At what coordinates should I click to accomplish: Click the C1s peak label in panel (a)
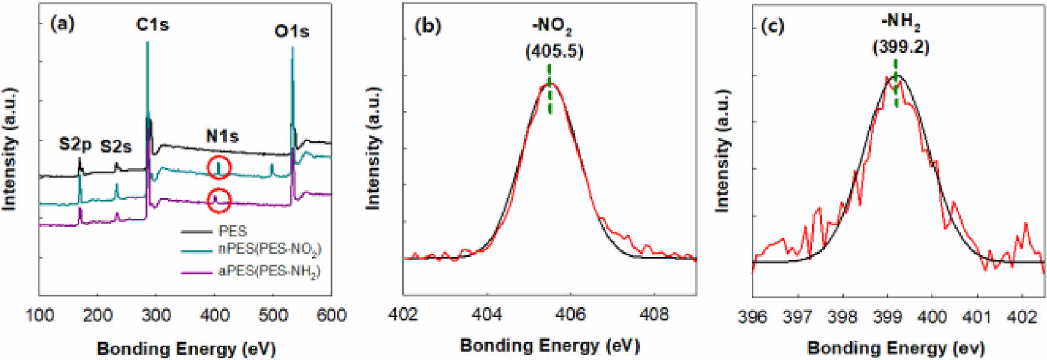[x=152, y=25]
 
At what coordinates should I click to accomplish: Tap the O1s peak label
[x=292, y=31]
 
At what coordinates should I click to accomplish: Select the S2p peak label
[x=75, y=145]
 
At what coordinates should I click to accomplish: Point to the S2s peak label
[x=116, y=147]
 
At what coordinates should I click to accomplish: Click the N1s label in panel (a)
[x=222, y=136]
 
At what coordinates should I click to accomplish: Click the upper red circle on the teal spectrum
[x=219, y=167]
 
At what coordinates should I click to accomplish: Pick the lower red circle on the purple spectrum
[x=219, y=200]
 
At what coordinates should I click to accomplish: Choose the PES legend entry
[x=233, y=232]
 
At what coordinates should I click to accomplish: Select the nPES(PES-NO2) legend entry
[x=269, y=249]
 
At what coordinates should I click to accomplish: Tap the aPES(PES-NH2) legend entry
[x=269, y=271]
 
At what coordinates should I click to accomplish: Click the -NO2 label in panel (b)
[x=551, y=26]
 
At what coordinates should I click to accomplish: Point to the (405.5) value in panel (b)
[x=554, y=51]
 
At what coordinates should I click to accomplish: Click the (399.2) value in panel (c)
[x=901, y=47]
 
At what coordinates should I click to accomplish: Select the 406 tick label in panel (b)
[x=570, y=314]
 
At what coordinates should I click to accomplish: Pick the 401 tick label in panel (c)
[x=977, y=317]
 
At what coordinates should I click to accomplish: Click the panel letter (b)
[x=428, y=26]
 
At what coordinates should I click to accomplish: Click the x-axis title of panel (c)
[x=896, y=347]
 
